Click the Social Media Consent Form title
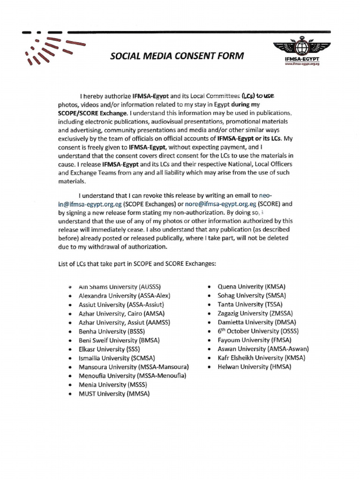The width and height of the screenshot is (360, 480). (177, 56)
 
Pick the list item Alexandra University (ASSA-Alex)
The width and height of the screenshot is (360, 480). (124, 295)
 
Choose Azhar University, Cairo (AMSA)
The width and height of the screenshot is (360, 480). (120, 313)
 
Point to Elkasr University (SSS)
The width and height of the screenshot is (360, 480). (109, 349)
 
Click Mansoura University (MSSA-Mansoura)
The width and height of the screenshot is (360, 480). (134, 367)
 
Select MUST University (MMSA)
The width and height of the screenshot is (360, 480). (114, 394)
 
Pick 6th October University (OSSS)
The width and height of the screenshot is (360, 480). (258, 331)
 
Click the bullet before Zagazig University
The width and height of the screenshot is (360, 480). (209, 314)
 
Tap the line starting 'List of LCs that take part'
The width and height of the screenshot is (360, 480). (137, 263)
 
